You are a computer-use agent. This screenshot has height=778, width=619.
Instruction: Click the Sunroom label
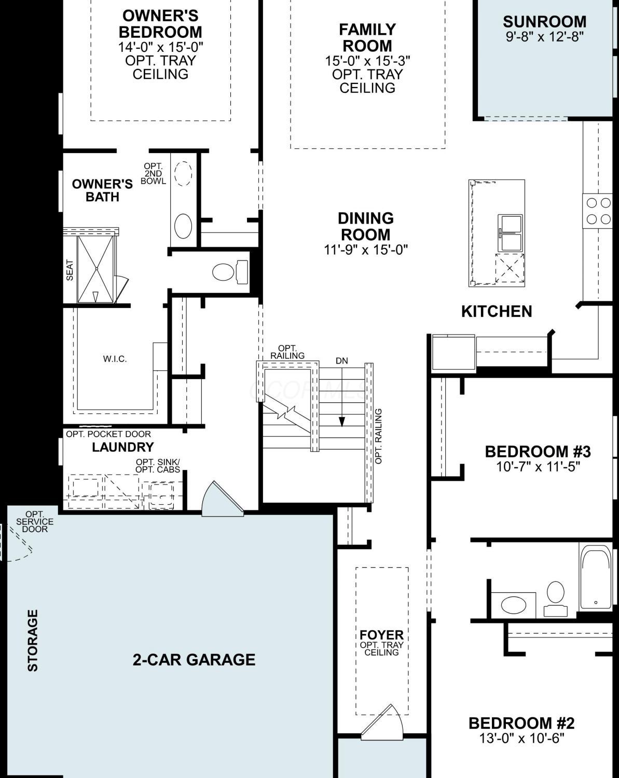point(544,22)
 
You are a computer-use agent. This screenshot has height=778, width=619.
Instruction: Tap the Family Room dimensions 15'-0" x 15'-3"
point(367,61)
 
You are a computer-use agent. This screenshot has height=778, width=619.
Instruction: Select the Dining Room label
point(366,226)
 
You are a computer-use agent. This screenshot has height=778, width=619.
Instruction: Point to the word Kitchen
point(497,311)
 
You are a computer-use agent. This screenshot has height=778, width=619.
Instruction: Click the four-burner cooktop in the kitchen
point(597,211)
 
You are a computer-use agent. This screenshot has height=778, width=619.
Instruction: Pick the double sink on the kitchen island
point(510,233)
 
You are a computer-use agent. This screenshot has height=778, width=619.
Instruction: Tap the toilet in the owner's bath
point(230,272)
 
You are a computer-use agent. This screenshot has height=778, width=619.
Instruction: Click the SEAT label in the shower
point(70,270)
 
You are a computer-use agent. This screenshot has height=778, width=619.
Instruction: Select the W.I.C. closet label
point(115,359)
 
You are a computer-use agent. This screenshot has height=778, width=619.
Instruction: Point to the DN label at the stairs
point(341,360)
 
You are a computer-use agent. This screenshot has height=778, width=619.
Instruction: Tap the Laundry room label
point(123,447)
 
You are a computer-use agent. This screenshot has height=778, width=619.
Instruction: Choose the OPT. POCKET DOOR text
point(108,434)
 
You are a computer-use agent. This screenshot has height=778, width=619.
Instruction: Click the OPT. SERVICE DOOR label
point(35,521)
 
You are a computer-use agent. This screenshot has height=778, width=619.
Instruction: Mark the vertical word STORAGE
point(33,641)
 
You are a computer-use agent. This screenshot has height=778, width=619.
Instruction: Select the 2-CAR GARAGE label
point(194,660)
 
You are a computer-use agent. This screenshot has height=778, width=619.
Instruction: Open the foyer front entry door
point(382,723)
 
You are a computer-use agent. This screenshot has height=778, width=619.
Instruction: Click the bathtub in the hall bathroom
point(596,579)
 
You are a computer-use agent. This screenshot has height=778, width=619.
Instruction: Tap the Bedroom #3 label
point(538,452)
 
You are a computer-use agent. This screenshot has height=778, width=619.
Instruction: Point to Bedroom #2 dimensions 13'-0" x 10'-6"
point(521,738)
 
